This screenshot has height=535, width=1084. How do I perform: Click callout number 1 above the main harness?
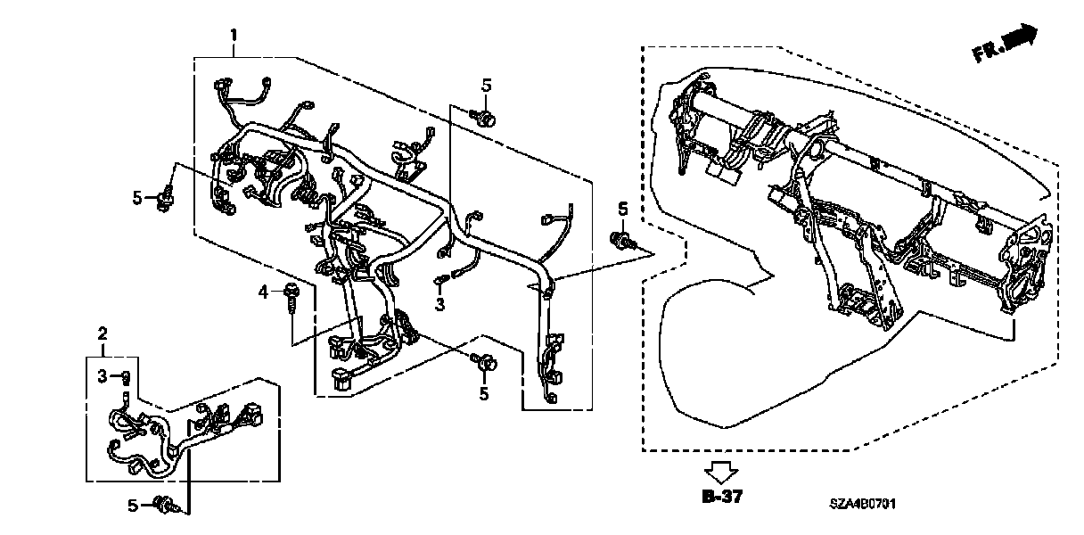click(234, 36)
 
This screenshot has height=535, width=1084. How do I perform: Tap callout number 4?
click(263, 292)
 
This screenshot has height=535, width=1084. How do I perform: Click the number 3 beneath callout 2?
click(102, 375)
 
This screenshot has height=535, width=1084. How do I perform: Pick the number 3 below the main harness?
click(439, 304)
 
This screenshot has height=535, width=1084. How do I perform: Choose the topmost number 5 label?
click(486, 85)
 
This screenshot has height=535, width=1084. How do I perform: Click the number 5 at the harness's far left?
click(137, 197)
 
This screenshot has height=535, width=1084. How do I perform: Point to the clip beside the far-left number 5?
click(164, 198)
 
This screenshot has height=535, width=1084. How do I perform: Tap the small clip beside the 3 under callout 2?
click(127, 375)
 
